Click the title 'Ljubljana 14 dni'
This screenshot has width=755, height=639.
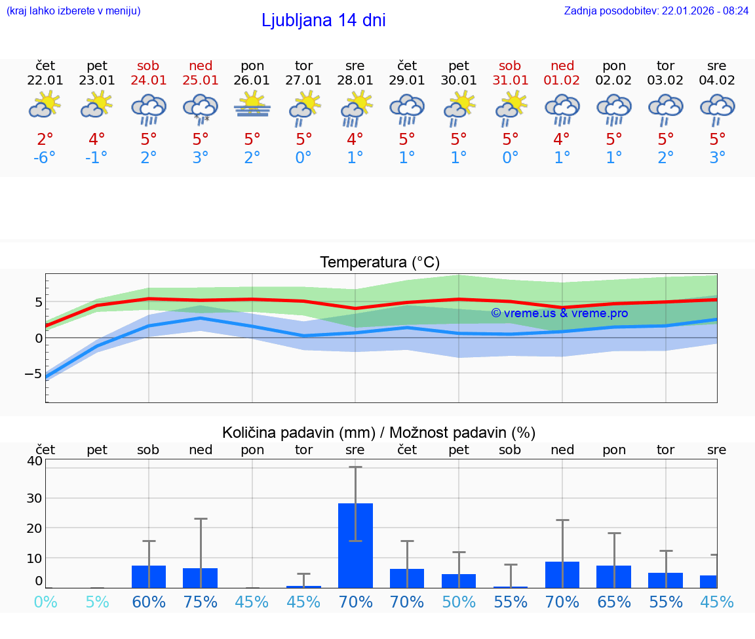click(323, 20)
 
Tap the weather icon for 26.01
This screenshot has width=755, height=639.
click(252, 105)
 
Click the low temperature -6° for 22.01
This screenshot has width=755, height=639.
click(45, 158)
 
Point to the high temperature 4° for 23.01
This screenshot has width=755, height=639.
click(97, 140)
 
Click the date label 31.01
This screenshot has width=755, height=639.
click(510, 81)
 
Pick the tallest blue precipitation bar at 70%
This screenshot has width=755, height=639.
click(355, 545)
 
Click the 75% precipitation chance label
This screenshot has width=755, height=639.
click(201, 602)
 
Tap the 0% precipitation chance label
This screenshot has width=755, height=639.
click(45, 602)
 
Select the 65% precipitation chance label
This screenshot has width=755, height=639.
click(613, 602)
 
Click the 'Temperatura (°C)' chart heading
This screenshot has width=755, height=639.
click(379, 263)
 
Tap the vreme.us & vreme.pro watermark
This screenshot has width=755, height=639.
click(559, 313)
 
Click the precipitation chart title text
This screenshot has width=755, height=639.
click(378, 433)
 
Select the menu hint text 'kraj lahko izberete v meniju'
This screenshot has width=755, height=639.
click(73, 10)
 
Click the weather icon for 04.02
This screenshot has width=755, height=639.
click(717, 108)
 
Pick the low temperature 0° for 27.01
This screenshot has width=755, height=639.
click(303, 158)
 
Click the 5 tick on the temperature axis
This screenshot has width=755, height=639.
click(38, 302)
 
